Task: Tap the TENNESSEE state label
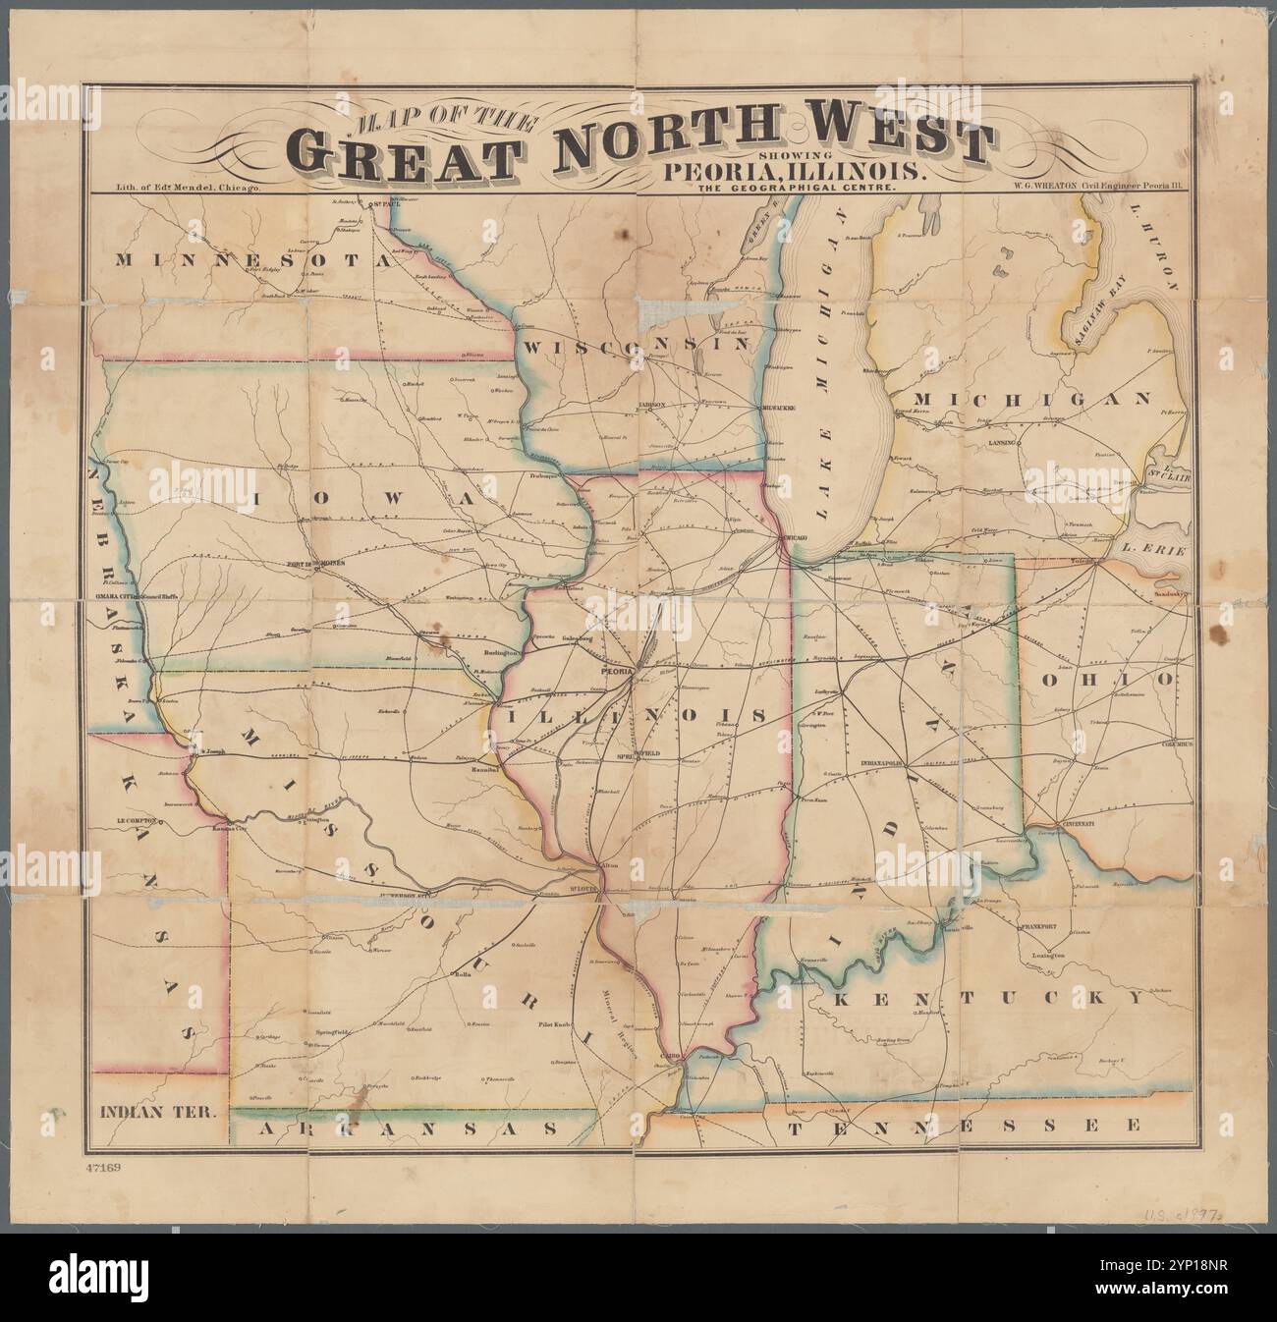[x=963, y=1124]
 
